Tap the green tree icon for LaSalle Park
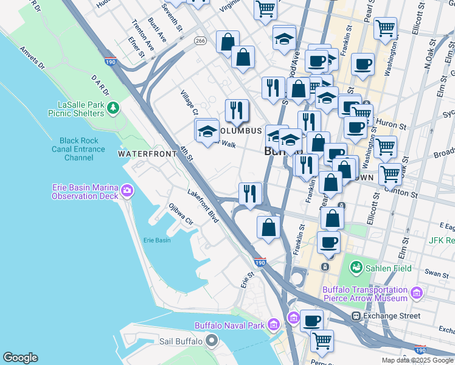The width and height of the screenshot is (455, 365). coord(113,108)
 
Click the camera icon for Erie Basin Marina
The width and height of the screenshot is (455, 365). coord(127,191)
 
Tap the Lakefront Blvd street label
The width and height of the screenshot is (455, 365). coord(203,204)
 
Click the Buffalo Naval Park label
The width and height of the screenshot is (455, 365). coord(230,325)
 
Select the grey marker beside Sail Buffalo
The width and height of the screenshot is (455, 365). coord(211,341)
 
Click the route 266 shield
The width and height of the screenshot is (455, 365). coord(200,40)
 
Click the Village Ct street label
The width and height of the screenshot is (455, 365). coord(189,103)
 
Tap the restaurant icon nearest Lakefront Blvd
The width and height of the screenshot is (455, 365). coord(250,193)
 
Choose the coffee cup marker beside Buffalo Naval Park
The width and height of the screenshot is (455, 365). coord(311,320)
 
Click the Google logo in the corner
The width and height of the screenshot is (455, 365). coord(20,358)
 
